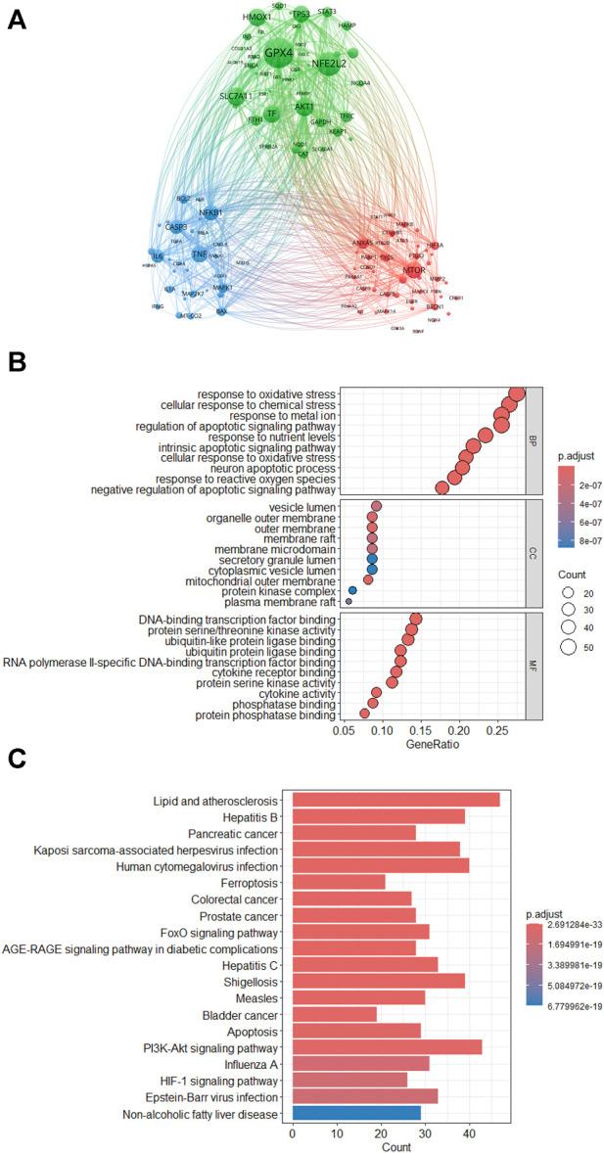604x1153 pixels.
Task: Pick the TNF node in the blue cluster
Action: pyautogui.click(x=200, y=254)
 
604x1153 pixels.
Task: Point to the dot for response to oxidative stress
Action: pyautogui.click(x=517, y=393)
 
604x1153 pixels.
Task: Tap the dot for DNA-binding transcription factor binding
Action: pyautogui.click(x=415, y=619)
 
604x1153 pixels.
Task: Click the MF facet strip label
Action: pyautogui.click(x=534, y=666)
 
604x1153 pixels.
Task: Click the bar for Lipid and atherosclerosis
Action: pyautogui.click(x=395, y=800)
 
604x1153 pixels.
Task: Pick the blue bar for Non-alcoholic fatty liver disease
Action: pyautogui.click(x=356, y=1114)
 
